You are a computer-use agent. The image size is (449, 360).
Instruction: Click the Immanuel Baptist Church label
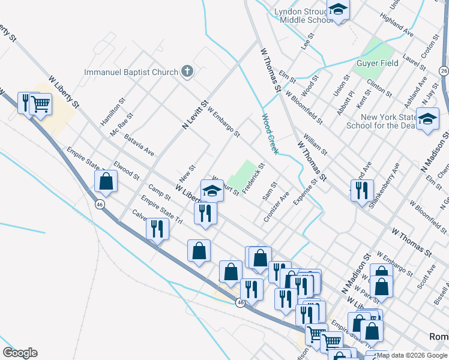131,73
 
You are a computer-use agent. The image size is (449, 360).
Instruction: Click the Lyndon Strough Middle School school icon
338,10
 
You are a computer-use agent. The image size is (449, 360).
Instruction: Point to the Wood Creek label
270,134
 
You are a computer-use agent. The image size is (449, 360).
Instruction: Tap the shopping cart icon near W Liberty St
41,103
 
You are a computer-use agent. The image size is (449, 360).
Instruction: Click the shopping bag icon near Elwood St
106,182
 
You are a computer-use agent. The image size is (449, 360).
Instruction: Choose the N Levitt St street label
194,115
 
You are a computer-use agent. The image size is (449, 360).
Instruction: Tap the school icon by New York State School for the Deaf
428,119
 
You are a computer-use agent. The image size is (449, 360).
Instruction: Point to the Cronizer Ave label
276,207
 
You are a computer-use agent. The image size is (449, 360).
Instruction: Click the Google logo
20,353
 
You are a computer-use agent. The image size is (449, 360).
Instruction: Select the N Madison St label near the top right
432,149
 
